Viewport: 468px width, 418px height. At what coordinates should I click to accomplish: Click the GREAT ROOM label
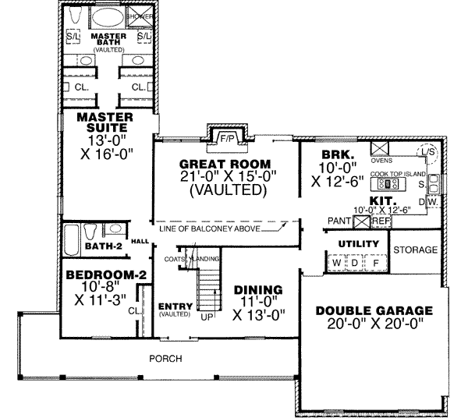225,164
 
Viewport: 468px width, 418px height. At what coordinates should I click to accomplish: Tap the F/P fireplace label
228,138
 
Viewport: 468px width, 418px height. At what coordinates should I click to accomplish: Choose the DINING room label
257,290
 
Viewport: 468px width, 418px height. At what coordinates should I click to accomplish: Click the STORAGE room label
413,250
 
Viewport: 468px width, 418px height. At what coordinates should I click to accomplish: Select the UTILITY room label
358,244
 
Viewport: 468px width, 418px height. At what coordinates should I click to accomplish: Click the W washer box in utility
336,264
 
